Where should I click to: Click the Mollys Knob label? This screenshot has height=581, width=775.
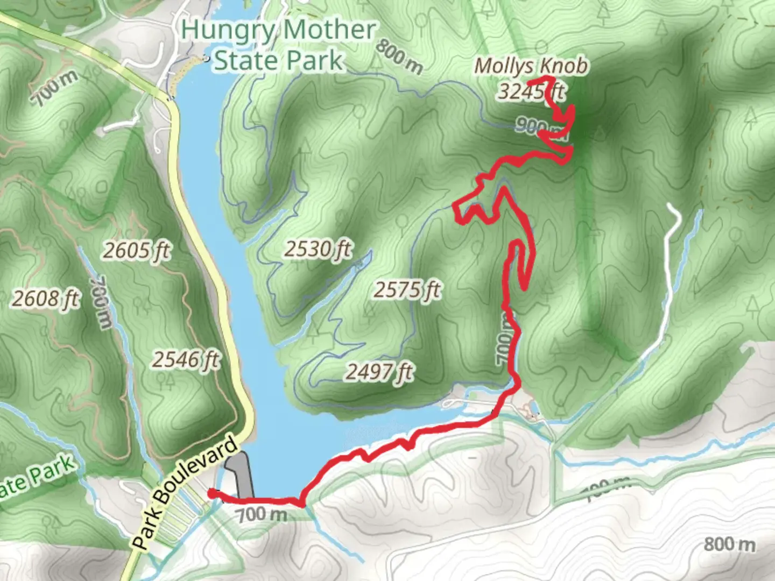click(531, 66)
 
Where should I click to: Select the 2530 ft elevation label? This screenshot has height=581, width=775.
click(318, 249)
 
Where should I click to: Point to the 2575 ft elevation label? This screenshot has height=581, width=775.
click(407, 290)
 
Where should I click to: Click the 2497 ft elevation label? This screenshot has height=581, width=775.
click(379, 371)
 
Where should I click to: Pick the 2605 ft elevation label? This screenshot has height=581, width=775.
click(137, 250)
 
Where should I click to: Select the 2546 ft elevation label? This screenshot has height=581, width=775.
click(186, 359)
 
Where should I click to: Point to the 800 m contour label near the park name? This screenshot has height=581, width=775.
click(399, 56)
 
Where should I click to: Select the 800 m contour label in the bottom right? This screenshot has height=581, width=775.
click(729, 544)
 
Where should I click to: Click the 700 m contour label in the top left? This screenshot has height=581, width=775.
click(54, 88)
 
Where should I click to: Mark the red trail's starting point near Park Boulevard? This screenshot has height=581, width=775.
click(211, 492)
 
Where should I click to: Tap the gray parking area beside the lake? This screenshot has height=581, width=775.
click(241, 473)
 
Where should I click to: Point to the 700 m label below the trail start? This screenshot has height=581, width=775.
click(262, 514)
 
